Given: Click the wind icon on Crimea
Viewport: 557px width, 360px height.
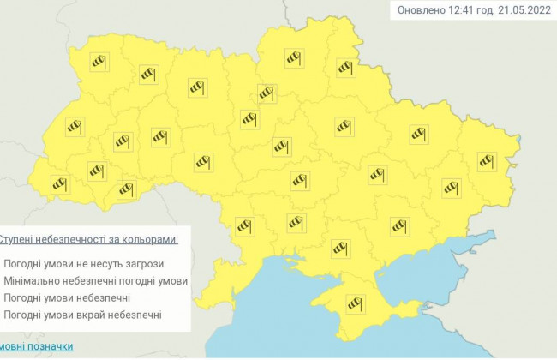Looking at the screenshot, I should (353, 303).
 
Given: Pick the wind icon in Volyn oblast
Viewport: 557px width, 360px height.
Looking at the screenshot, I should (99, 63).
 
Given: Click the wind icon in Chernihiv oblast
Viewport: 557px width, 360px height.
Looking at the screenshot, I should (295, 58).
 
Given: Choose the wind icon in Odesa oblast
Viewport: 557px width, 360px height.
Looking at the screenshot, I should (244, 225).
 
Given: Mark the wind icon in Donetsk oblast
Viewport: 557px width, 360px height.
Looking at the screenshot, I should (451, 187).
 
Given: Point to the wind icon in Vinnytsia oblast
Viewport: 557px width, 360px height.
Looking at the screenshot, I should (202, 161).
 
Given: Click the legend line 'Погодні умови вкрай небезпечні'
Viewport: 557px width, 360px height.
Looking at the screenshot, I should (82, 315).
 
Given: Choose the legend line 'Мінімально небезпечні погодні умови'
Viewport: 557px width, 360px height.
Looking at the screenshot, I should (95, 280).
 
